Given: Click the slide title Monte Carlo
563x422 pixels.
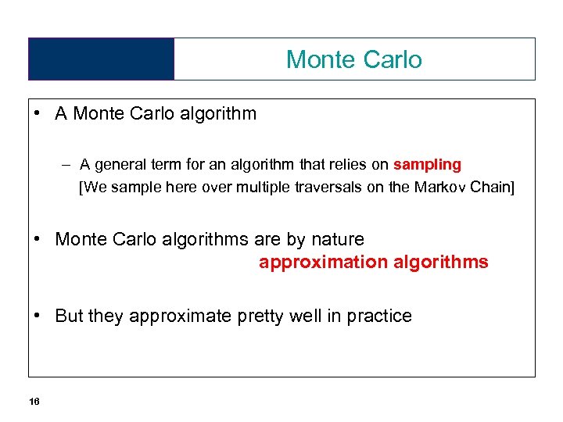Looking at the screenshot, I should (353, 59).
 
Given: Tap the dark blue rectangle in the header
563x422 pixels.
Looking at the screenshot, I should (101, 59).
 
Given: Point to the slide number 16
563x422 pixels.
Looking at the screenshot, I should (34, 402).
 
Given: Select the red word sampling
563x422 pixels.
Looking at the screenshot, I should (427, 165).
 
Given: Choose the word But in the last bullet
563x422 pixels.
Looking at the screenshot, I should (69, 316).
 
